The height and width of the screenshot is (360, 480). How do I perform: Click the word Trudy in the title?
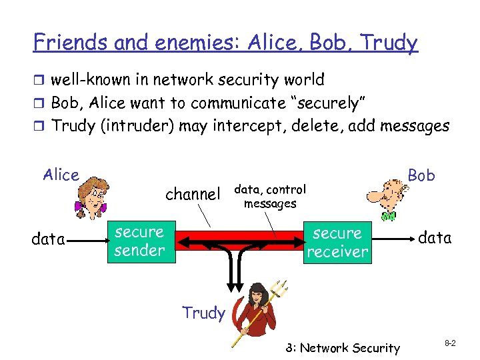(x=387, y=43)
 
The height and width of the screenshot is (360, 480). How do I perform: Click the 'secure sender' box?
(x=139, y=241)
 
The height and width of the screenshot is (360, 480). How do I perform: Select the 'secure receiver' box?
(x=338, y=242)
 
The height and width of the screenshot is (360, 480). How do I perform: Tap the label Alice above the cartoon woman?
(x=61, y=175)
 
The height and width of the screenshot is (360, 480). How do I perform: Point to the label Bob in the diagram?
(x=421, y=175)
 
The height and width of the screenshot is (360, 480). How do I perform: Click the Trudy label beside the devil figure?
(x=203, y=313)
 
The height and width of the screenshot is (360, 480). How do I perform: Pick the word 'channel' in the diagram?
(x=192, y=194)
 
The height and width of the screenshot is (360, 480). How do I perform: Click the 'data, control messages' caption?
(x=270, y=196)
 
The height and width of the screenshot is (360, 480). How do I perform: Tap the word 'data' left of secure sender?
(x=48, y=239)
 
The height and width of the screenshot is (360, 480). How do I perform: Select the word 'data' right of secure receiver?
(x=435, y=237)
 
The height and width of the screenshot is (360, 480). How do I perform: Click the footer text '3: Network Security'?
(x=342, y=347)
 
